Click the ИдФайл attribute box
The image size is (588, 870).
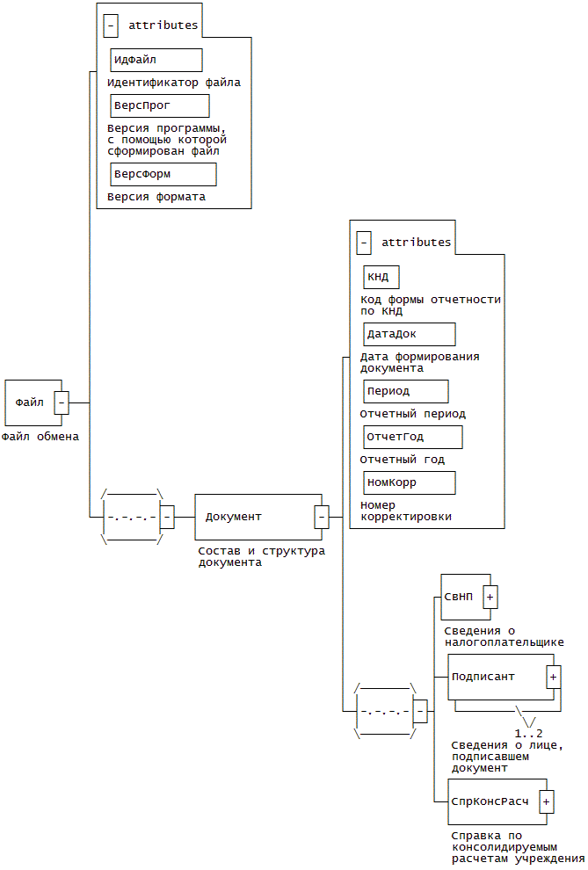click(x=156, y=60)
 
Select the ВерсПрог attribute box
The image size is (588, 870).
click(x=159, y=105)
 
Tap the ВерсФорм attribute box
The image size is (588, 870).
click(x=163, y=174)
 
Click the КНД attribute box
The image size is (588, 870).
click(x=381, y=277)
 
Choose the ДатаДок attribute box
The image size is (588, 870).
click(x=409, y=334)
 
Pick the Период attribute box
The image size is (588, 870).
click(x=405, y=391)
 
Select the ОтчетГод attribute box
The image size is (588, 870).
click(x=412, y=437)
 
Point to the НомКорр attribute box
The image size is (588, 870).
click(x=409, y=482)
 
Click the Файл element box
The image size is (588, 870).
click(x=31, y=402)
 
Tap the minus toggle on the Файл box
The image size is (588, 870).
click(x=62, y=402)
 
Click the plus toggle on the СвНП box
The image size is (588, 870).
click(x=490, y=597)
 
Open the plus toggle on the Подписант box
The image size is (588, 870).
click(x=553, y=677)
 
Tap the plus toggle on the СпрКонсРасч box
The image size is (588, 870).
click(x=546, y=801)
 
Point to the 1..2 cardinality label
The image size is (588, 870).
click(x=528, y=733)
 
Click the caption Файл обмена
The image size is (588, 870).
click(x=40, y=436)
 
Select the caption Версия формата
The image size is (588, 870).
click(x=156, y=197)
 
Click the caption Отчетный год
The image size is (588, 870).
click(x=403, y=459)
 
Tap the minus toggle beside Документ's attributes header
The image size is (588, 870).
click(x=364, y=243)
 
